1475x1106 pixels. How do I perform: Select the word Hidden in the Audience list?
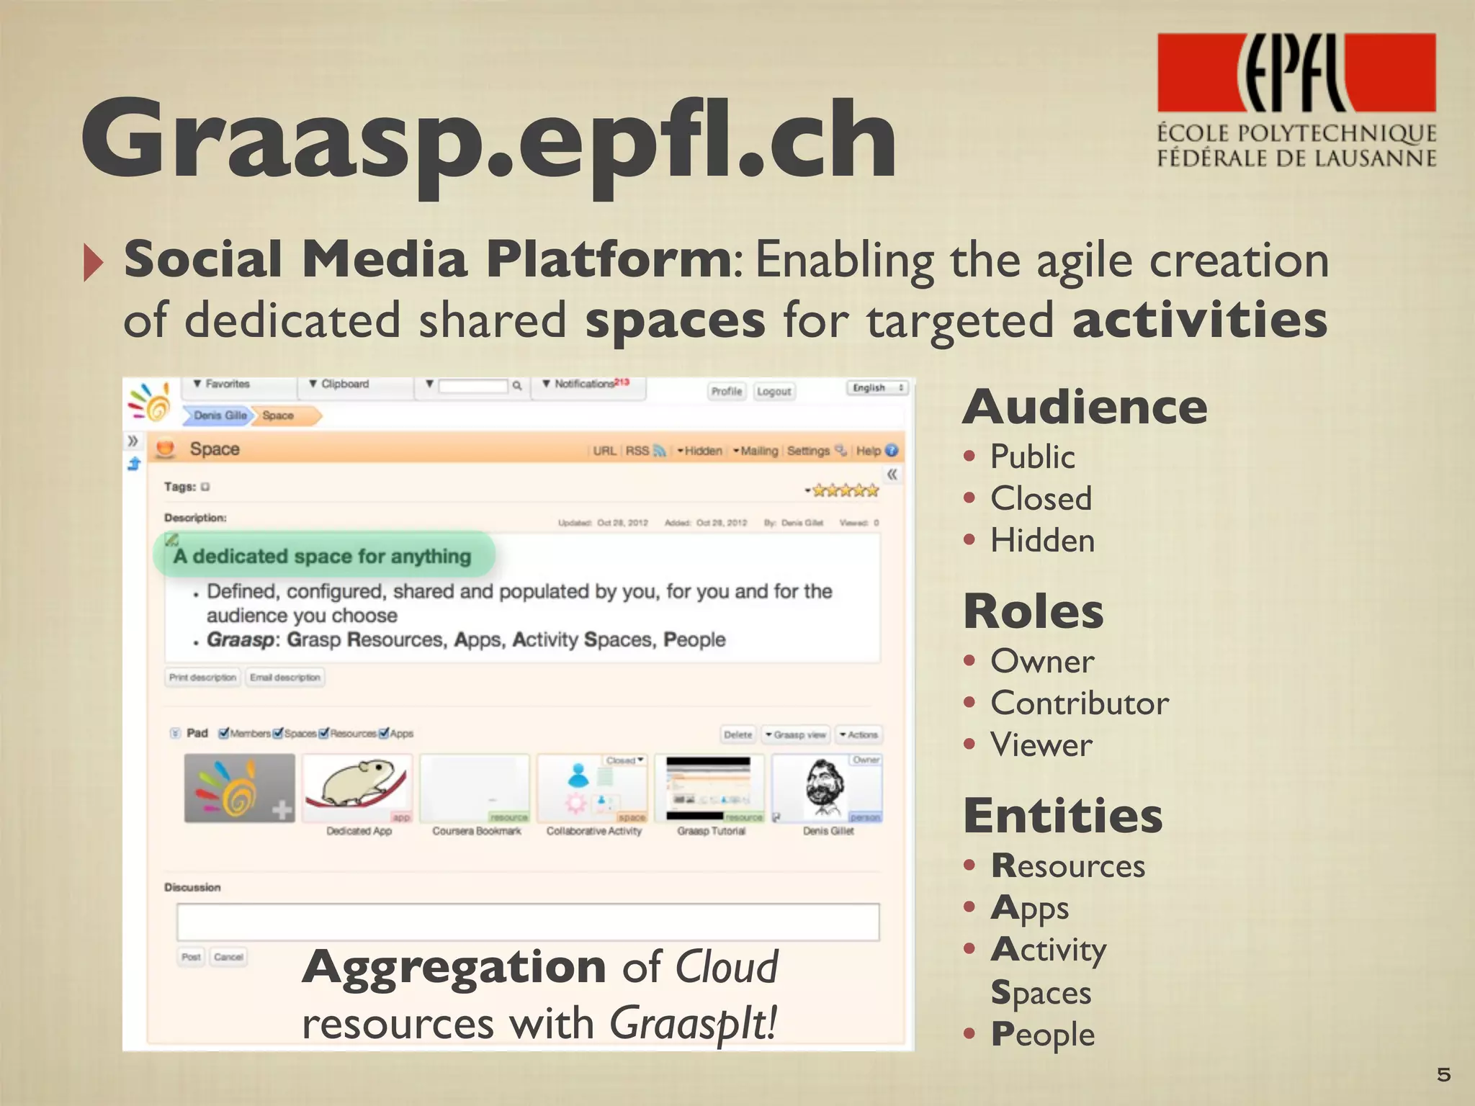pos(1042,540)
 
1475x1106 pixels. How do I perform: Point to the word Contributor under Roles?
pos(1079,703)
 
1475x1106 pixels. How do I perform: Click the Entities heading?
pos(1063,816)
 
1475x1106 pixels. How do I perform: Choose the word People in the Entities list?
pos(1043,1034)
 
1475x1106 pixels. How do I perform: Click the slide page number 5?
pos(1443,1074)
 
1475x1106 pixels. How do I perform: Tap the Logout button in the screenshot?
pos(774,391)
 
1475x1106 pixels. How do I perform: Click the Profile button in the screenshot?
pos(726,391)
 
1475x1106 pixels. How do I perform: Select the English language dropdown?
pos(877,387)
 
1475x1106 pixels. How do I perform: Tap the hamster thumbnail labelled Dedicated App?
pos(357,788)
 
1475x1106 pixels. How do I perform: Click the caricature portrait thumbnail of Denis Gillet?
pos(827,788)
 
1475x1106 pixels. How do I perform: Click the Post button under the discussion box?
pos(191,956)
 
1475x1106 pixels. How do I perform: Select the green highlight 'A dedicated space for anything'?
pos(323,556)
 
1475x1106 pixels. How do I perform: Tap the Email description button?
pos(284,677)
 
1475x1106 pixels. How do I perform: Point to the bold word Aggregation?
pos(454,966)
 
